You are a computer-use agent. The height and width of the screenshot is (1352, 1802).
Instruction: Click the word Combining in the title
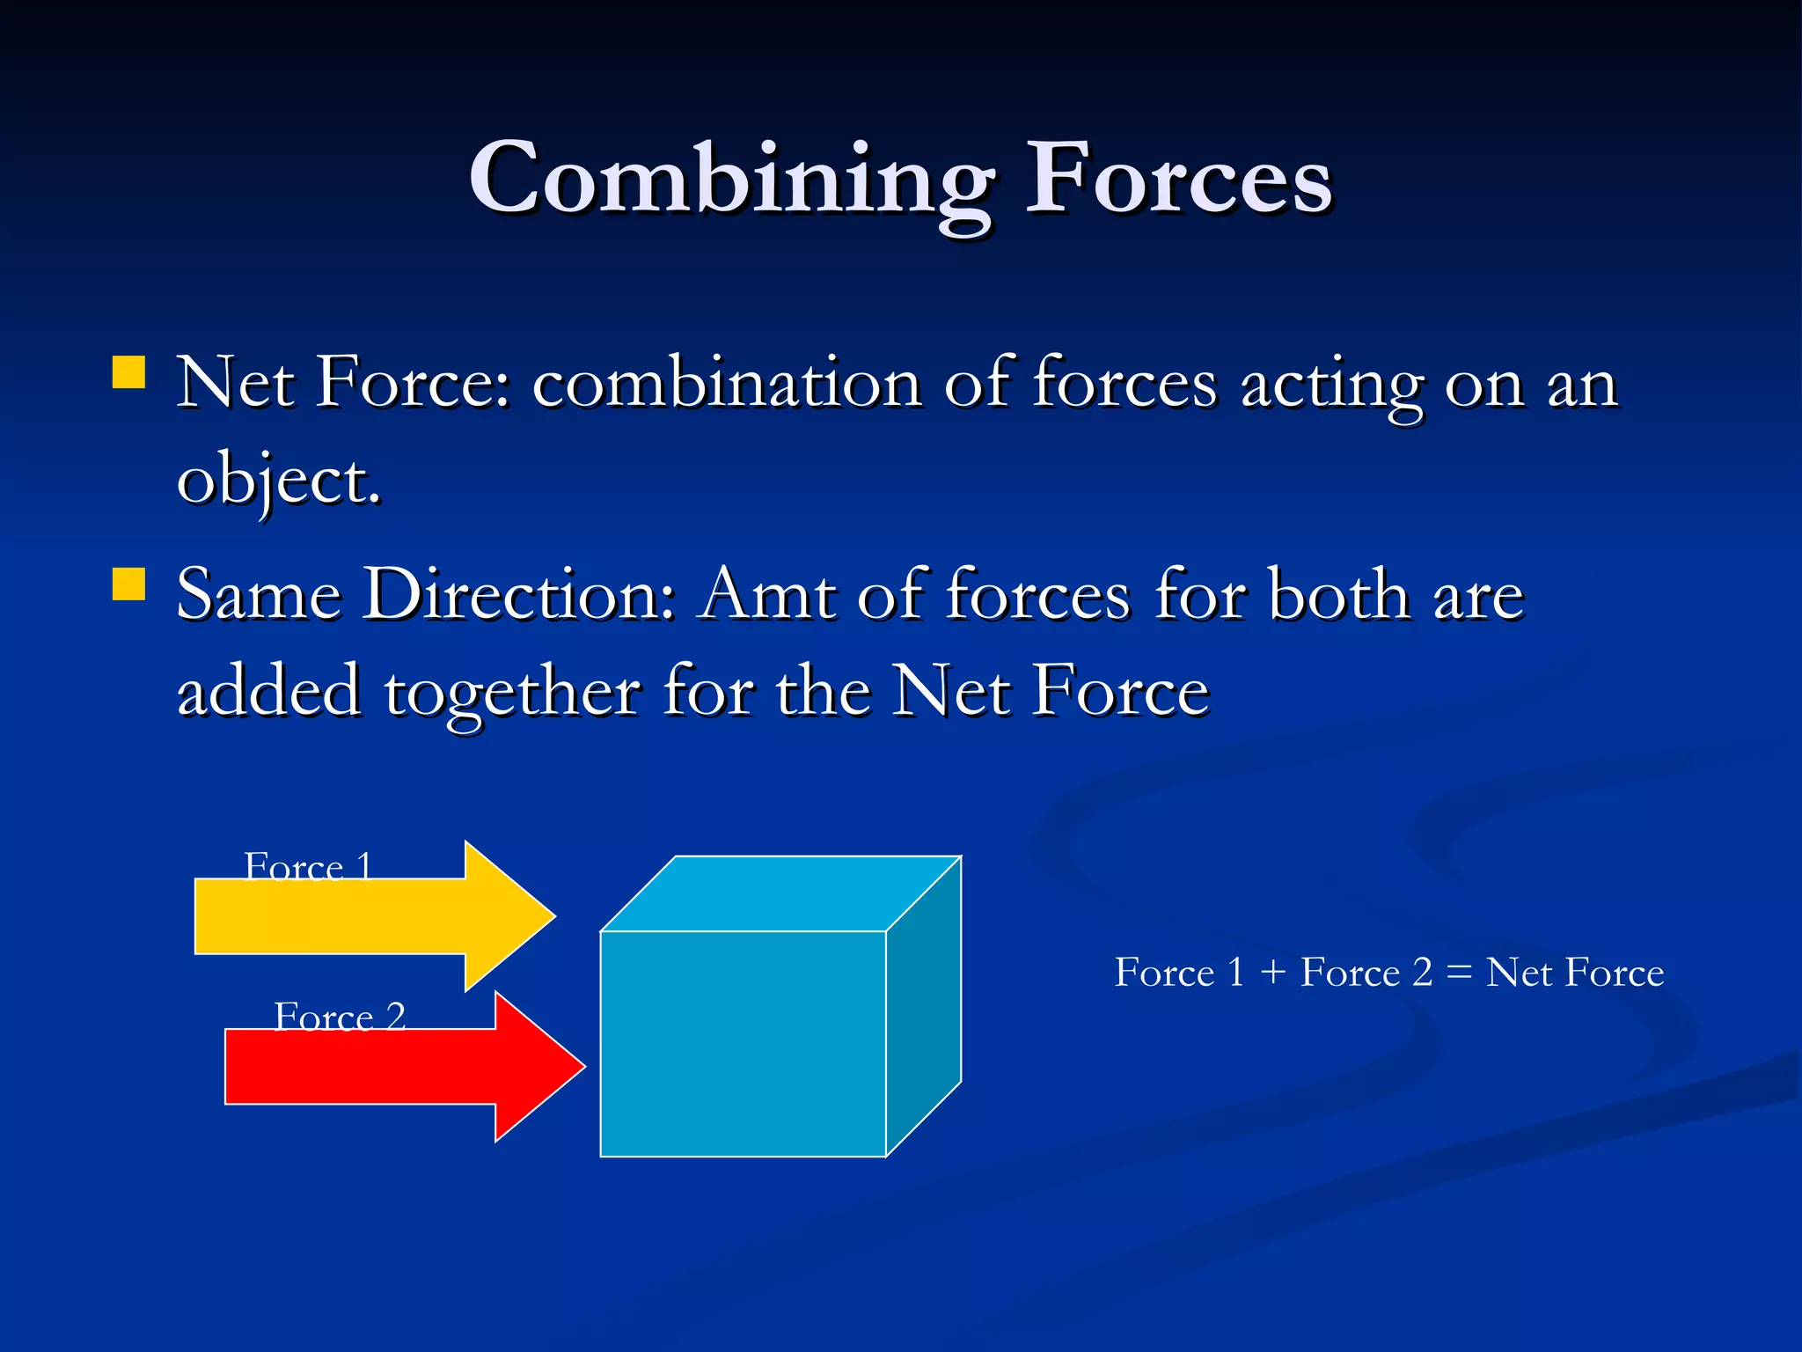point(730,180)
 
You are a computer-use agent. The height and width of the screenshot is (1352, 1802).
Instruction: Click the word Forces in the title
point(1179,180)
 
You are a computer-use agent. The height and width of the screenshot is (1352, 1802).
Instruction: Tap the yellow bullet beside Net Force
point(129,371)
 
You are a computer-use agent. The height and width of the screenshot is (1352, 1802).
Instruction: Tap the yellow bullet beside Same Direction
point(129,584)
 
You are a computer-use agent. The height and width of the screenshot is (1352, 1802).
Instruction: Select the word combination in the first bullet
point(726,385)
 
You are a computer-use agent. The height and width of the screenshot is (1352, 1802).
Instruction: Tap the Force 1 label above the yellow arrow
point(308,867)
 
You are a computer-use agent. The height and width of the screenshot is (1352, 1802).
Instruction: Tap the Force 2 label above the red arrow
point(340,1017)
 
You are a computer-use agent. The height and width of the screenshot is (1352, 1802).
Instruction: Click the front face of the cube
point(743,1043)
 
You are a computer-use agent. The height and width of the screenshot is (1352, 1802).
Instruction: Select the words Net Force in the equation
point(1575,973)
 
